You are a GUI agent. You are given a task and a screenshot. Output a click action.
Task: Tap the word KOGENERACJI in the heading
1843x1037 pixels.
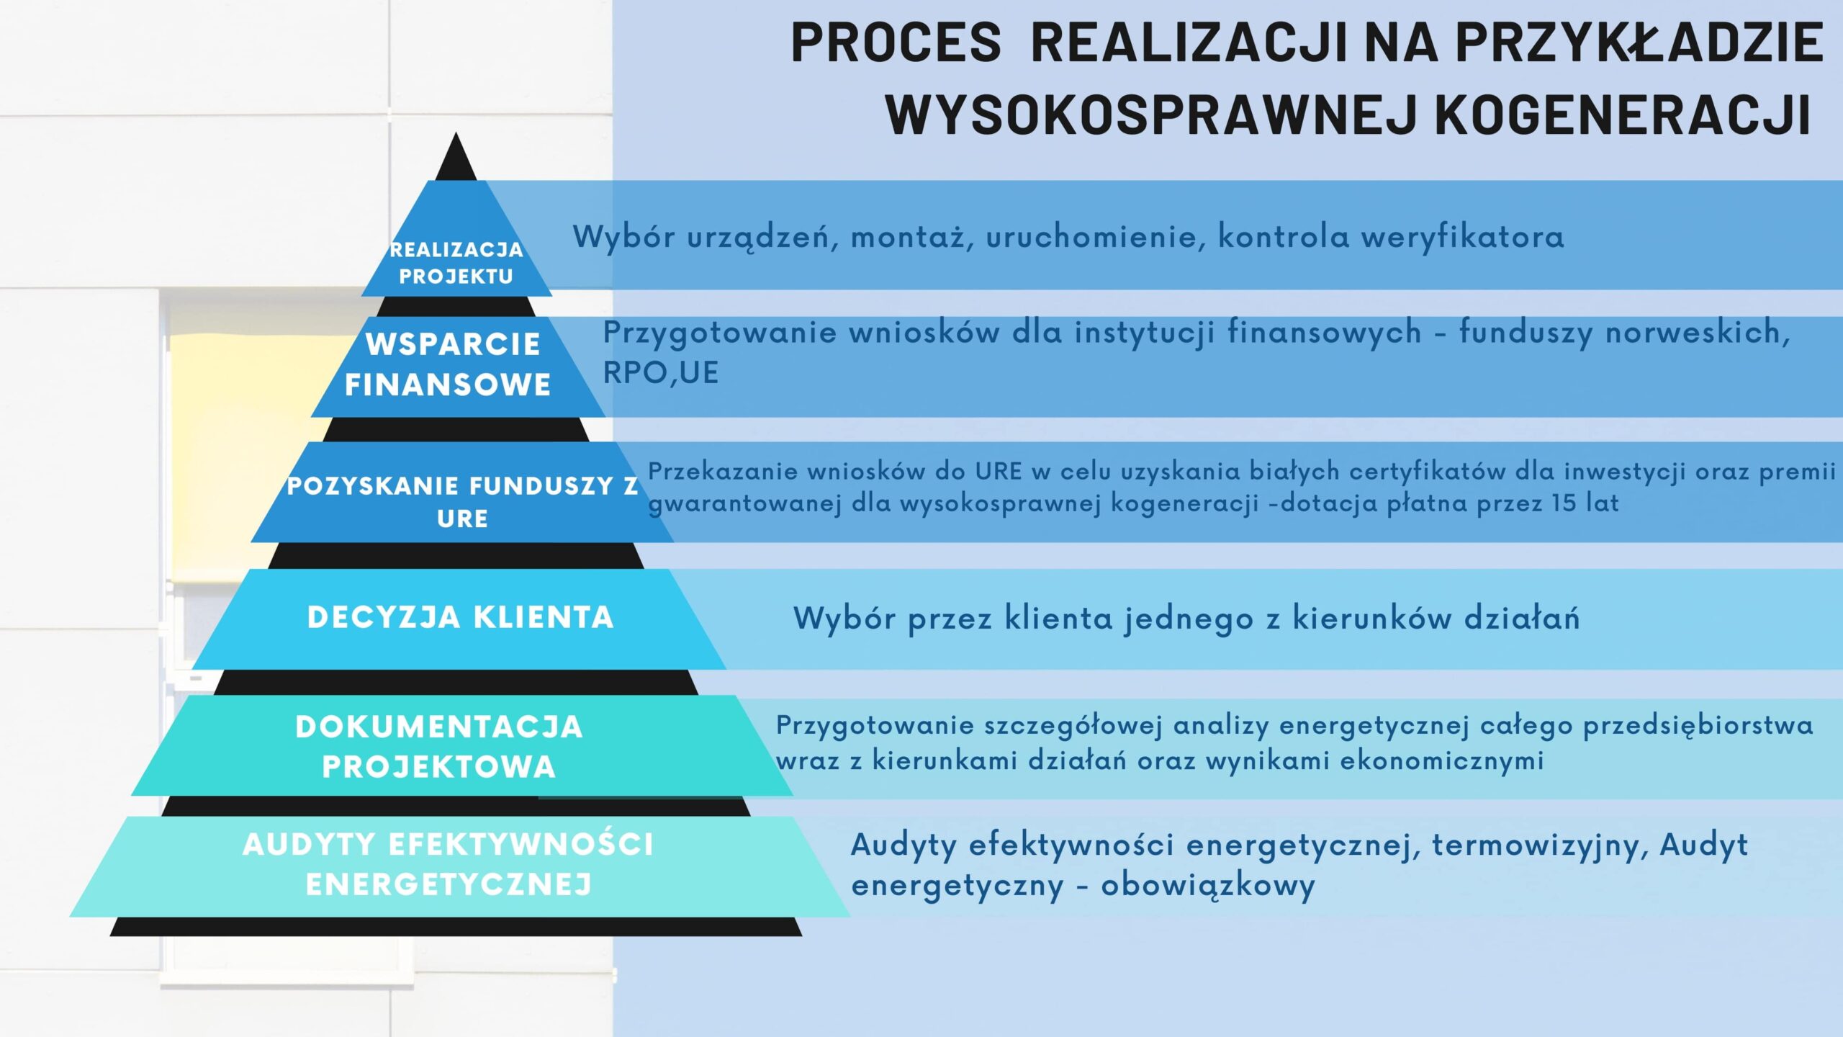(x=1622, y=114)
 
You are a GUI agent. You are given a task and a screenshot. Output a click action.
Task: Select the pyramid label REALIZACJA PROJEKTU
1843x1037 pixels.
(x=456, y=263)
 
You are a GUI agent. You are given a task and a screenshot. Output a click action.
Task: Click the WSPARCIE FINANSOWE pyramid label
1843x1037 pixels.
(x=449, y=364)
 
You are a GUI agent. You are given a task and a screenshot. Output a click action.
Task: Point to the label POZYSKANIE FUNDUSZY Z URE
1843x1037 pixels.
(x=462, y=502)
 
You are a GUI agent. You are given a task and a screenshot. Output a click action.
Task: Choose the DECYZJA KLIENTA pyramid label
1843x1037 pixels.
(x=461, y=618)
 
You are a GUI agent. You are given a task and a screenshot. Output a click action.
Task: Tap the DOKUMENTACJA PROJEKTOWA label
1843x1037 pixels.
(x=439, y=747)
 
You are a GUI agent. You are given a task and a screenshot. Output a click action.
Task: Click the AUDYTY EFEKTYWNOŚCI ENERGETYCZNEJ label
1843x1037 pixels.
(x=448, y=864)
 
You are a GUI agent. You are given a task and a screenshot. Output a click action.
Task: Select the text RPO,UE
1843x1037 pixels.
(x=660, y=373)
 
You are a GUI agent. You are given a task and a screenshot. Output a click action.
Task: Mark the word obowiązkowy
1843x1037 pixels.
(x=1208, y=886)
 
